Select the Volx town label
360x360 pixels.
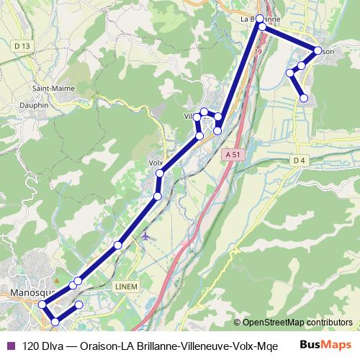154,163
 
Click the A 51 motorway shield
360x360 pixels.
231,154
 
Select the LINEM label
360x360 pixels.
125,287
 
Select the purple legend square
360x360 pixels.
10,345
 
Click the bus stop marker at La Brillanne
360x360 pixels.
261,19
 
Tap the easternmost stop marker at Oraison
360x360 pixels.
318,50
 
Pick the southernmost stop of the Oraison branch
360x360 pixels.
304,98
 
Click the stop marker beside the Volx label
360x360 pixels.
160,174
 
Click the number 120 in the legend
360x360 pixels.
31,345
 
